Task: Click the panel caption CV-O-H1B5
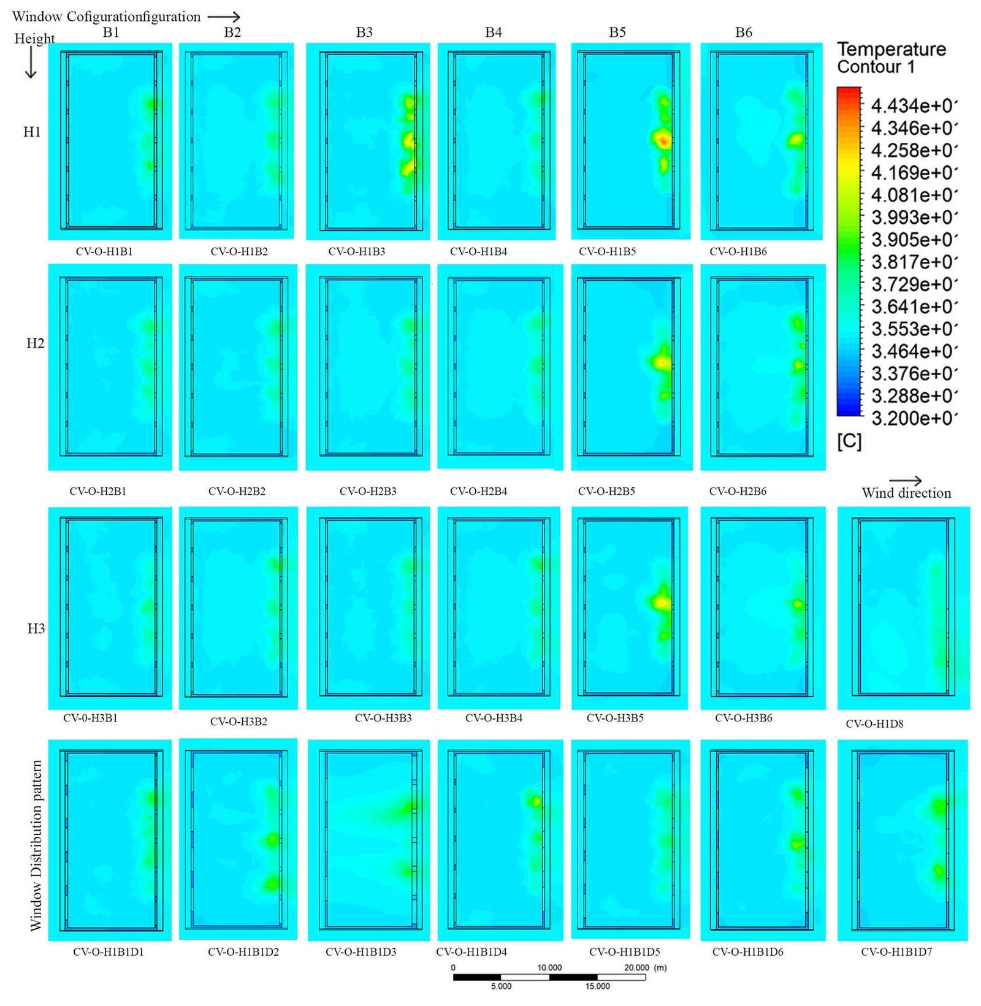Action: tap(607, 251)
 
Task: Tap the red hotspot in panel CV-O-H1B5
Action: tap(663, 140)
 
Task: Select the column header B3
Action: tap(364, 32)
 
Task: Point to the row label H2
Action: tap(35, 343)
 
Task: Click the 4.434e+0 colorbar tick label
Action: tap(913, 106)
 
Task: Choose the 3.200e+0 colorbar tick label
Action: tap(913, 419)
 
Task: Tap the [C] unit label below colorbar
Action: tap(849, 441)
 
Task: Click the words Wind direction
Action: tap(906, 493)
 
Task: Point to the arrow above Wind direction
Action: tap(906, 481)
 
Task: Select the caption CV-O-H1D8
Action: tap(874, 724)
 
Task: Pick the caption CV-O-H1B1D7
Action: tap(896, 952)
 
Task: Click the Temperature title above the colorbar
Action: tap(891, 49)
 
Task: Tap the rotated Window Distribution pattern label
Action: tap(36, 845)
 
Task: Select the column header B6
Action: tap(743, 32)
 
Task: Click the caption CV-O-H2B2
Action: tap(237, 491)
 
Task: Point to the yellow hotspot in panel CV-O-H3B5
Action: tap(662, 603)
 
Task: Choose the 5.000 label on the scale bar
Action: tap(501, 986)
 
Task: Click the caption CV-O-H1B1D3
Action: tap(361, 952)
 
